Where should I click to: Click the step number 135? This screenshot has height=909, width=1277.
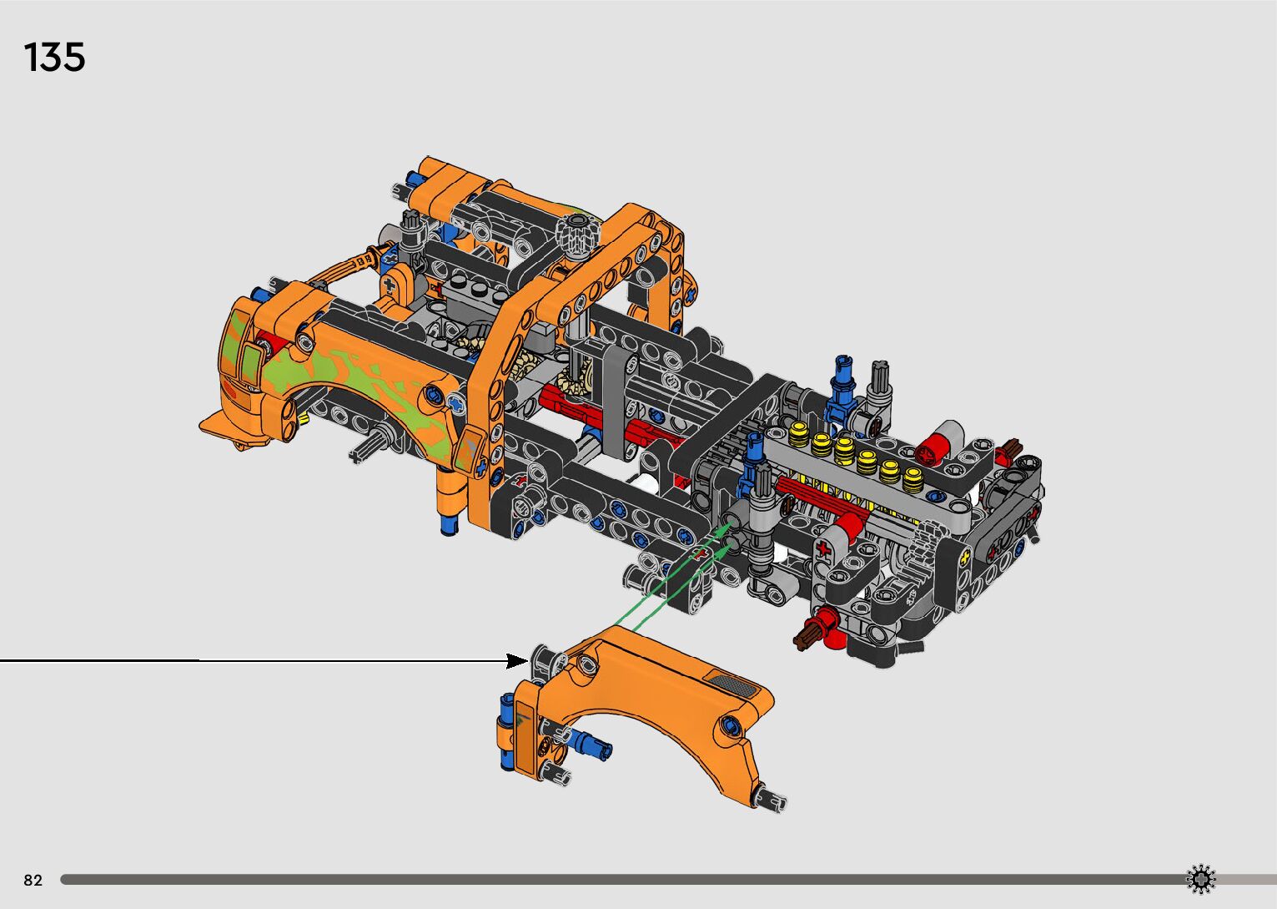click(x=54, y=57)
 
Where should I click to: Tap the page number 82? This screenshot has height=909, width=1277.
click(x=33, y=880)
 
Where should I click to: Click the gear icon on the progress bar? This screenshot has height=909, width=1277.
click(x=1200, y=879)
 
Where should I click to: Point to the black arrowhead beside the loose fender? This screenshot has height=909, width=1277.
click(x=517, y=661)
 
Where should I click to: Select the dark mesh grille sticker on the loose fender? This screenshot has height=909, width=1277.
click(x=732, y=684)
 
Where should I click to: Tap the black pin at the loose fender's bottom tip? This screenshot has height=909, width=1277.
click(x=771, y=799)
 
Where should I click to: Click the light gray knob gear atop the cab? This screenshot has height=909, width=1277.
click(x=577, y=235)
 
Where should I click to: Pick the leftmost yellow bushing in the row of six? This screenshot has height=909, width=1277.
click(x=800, y=434)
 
